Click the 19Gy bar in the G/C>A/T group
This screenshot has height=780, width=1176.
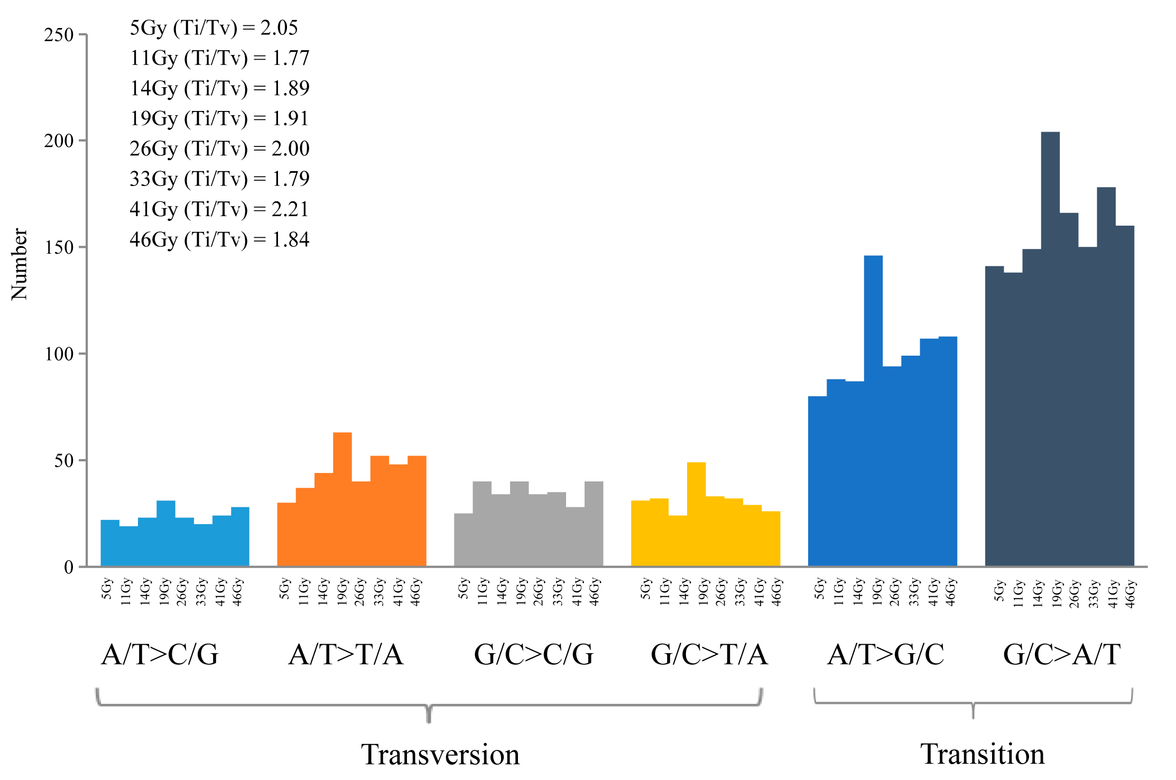[x=1050, y=349]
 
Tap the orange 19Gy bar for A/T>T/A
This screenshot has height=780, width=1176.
[x=342, y=499]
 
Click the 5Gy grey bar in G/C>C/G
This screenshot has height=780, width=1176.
[x=464, y=540]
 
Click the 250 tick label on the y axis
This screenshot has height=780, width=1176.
[x=59, y=35]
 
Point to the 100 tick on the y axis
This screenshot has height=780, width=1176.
[x=59, y=354]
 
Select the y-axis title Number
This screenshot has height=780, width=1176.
[x=20, y=264]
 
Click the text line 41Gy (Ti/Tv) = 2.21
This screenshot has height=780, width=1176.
[x=219, y=209]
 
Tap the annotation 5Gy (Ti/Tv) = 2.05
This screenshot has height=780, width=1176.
[x=214, y=27]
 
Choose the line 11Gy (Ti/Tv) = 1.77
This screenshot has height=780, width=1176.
[x=219, y=58]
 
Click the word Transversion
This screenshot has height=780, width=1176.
[x=440, y=754]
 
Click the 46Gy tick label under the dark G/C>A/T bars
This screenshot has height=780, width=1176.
[x=1130, y=594]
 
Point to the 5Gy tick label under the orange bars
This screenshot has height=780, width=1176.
[x=285, y=589]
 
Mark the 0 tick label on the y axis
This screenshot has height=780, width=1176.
[x=69, y=568]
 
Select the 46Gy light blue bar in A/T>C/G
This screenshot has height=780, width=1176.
[x=240, y=536]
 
